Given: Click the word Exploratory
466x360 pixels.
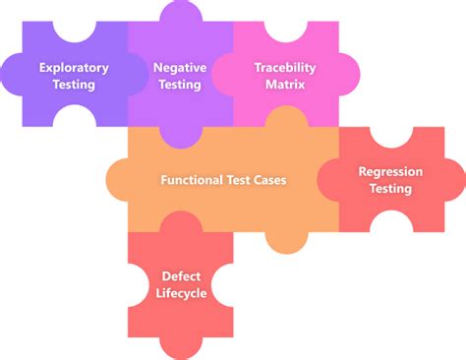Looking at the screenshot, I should coord(74,67).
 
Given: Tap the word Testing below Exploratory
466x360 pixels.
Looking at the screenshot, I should coord(74,85).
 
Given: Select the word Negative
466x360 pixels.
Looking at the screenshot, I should coord(179,67).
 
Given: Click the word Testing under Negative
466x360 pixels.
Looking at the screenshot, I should coord(179,85).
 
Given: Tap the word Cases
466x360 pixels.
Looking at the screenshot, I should coord(268,180).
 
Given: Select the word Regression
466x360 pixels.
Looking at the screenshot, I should coord(390,171).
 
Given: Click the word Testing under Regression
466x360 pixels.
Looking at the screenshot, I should coord(390,188).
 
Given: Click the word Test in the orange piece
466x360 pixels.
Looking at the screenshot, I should coord(237,180).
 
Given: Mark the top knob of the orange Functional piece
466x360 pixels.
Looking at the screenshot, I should coord(285,118).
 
